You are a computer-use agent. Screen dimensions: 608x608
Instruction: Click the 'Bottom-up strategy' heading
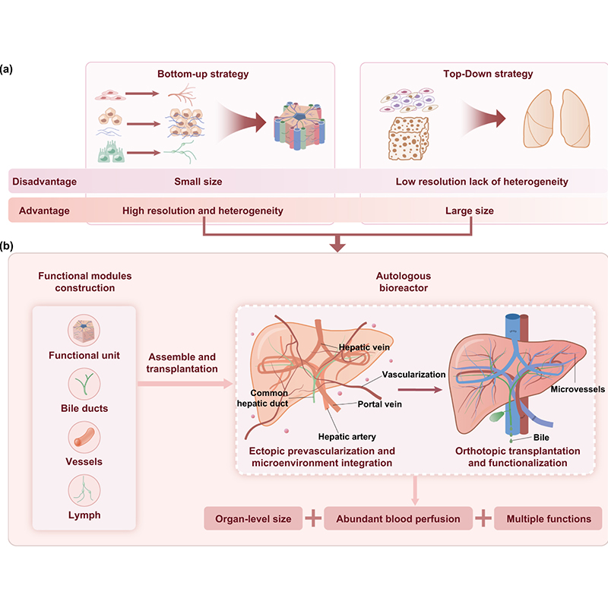coord(203,74)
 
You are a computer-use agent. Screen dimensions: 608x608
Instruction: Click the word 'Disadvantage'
coord(44,182)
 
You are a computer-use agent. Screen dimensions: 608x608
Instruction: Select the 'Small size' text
coord(198,182)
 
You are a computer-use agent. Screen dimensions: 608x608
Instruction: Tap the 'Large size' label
coord(468,211)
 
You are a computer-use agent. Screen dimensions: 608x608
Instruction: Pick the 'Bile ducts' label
coord(84,408)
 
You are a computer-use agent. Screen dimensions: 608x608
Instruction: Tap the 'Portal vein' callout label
coord(379,404)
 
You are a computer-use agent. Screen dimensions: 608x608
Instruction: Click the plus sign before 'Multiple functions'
coord(483,519)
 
